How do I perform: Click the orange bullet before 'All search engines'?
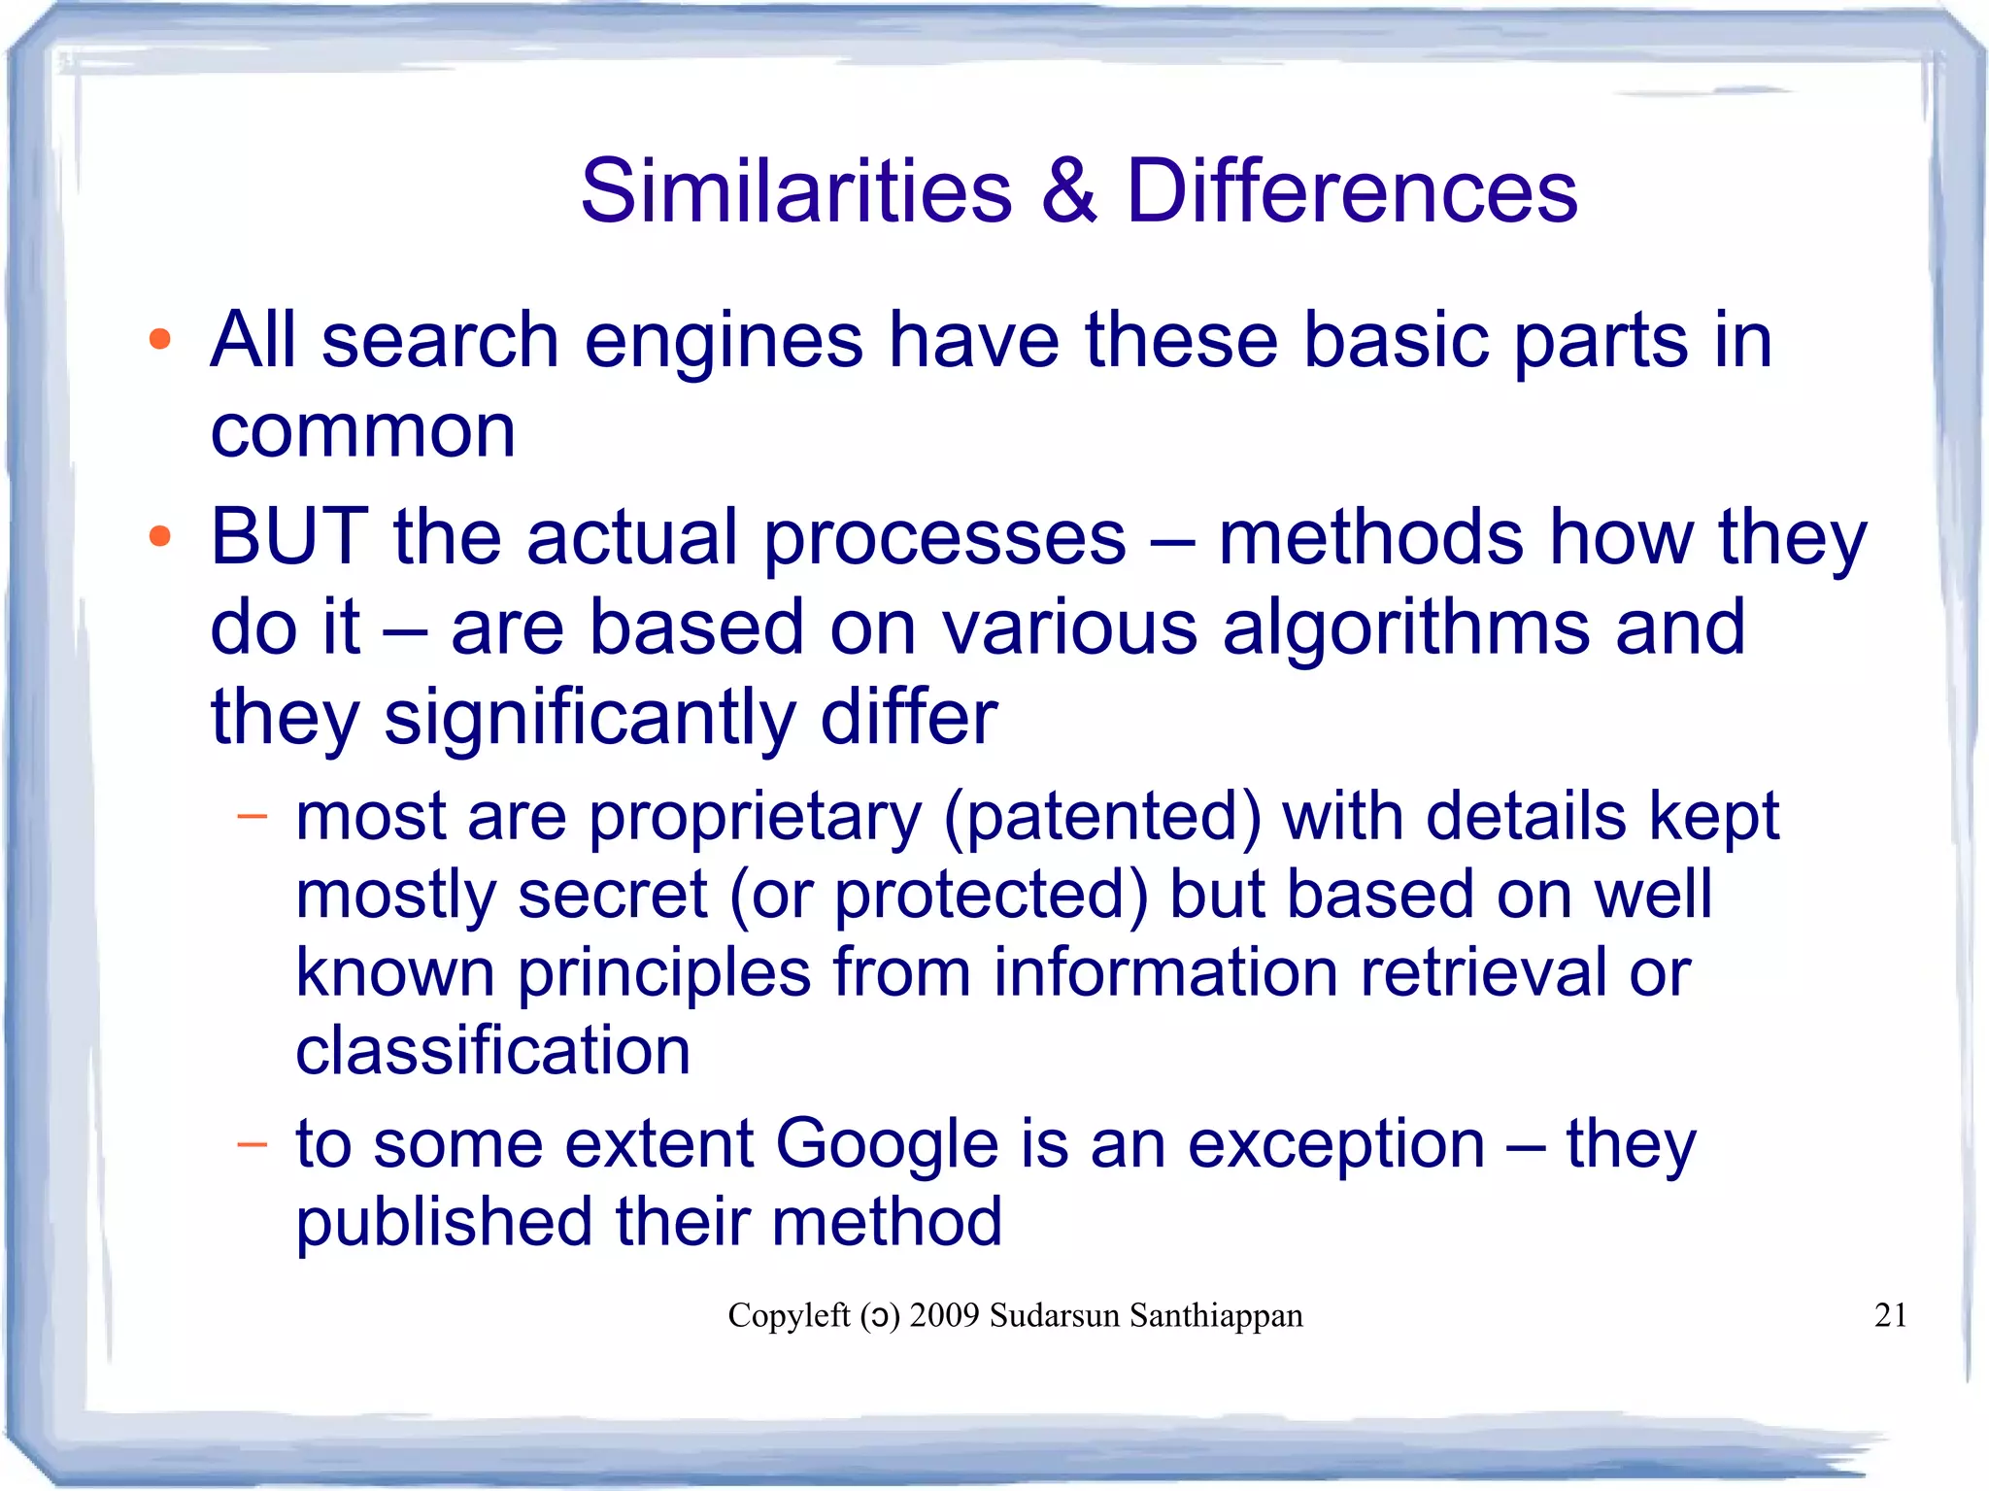(x=160, y=341)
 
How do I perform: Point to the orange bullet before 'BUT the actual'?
(x=160, y=537)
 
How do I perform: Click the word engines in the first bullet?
(x=724, y=342)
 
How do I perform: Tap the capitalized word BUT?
(x=289, y=537)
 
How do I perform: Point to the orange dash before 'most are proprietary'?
(x=252, y=816)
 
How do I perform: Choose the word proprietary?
(x=756, y=818)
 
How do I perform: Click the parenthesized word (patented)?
(x=1102, y=818)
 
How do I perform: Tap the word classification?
(x=492, y=1051)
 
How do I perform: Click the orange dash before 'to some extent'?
(x=252, y=1144)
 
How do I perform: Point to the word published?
(x=444, y=1224)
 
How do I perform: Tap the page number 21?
(x=1890, y=1315)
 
